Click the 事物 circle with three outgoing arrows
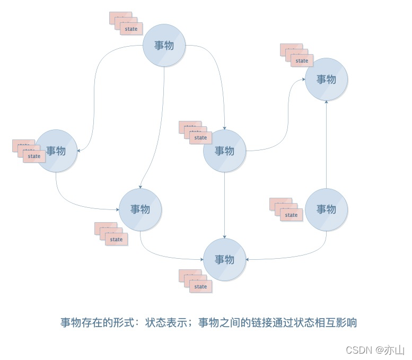[164, 45]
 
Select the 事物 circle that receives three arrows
[225, 259]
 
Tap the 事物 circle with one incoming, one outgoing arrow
[56, 151]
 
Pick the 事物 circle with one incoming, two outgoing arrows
[225, 151]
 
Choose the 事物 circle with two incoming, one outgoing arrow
[140, 209]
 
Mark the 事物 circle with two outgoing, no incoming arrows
[327, 209]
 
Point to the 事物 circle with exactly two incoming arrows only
[327, 79]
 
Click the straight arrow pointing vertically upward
[327, 143]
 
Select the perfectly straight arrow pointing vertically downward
[225, 204]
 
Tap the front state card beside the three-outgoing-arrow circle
[132, 29]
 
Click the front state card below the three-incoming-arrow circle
[201, 286]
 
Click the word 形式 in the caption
[124, 322]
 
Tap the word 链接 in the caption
[261, 322]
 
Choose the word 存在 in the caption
[92, 322]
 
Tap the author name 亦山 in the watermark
[395, 350]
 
